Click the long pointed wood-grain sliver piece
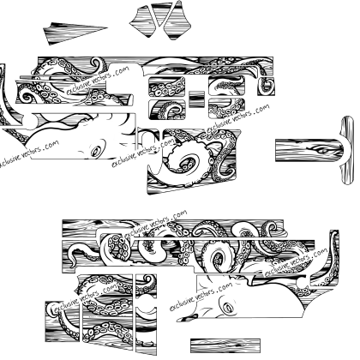pyautogui.click(x=71, y=33)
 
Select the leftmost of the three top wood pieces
pyautogui.click(x=143, y=21)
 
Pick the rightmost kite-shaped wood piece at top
pyautogui.click(x=177, y=21)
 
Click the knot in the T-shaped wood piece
pyautogui.click(x=322, y=149)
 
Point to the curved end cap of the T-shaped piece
pyautogui.click(x=347, y=150)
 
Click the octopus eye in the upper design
pyautogui.click(x=96, y=151)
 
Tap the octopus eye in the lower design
pyautogui.click(x=228, y=308)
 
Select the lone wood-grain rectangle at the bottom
pyautogui.click(x=225, y=346)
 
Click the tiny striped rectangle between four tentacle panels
pyautogui.click(x=196, y=99)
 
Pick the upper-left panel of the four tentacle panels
pyautogui.click(x=167, y=87)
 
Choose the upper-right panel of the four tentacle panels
pyautogui.click(x=227, y=86)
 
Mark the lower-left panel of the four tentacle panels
pyautogui.click(x=167, y=109)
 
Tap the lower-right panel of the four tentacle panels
pyautogui.click(x=227, y=108)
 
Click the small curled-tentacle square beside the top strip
pyautogui.click(x=266, y=87)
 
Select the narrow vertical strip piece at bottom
pyautogui.click(x=146, y=315)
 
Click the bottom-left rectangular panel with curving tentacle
pyautogui.click(x=62, y=321)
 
